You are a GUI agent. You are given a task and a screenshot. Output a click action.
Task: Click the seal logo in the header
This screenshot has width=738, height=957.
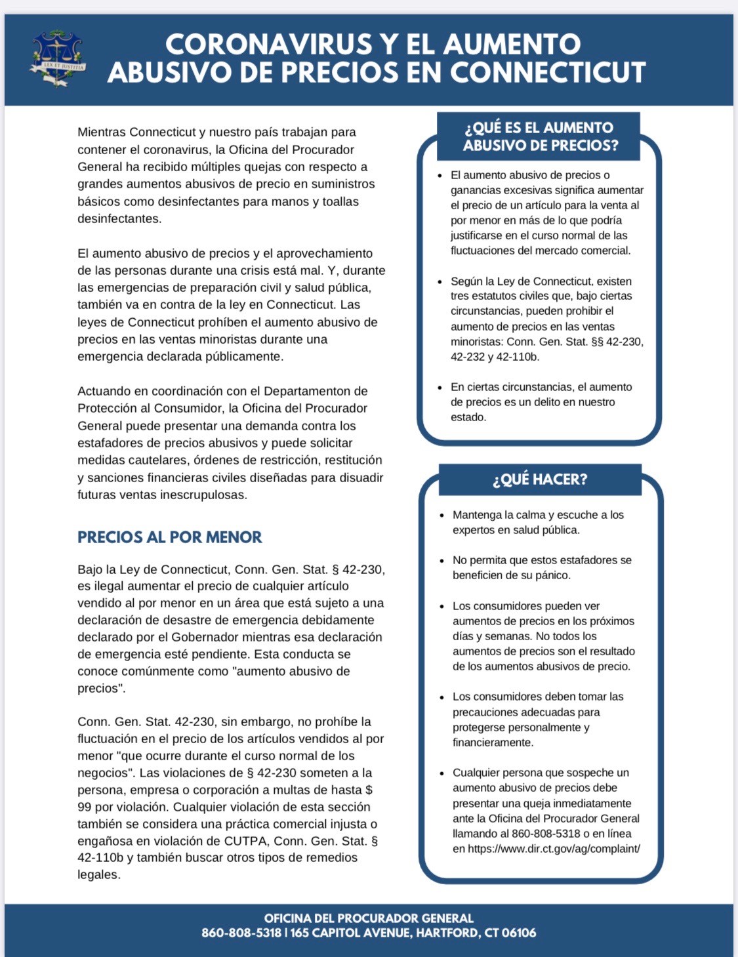(x=57, y=58)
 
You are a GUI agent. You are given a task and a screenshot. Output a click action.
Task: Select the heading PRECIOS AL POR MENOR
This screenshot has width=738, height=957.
(x=169, y=537)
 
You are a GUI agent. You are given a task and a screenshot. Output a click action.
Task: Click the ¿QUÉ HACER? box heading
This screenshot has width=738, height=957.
(x=540, y=479)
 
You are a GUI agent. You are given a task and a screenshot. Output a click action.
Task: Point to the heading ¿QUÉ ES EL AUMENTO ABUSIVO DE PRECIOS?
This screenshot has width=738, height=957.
(x=539, y=136)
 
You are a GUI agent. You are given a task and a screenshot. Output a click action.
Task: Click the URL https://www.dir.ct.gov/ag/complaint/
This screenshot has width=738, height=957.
(x=554, y=849)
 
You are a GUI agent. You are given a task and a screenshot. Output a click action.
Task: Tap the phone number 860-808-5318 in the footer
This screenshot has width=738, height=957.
(x=241, y=933)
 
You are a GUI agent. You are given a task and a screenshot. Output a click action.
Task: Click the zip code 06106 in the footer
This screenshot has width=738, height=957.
(x=518, y=933)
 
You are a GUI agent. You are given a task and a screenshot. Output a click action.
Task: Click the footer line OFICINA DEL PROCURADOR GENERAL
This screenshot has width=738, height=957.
(x=369, y=918)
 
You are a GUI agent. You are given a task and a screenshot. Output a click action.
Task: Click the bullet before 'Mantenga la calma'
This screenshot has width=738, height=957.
(x=442, y=516)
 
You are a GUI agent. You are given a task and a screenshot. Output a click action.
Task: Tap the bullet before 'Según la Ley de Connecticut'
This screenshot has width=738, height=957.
(x=440, y=282)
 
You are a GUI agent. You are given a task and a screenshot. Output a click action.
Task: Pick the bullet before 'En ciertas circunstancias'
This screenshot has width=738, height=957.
(x=440, y=388)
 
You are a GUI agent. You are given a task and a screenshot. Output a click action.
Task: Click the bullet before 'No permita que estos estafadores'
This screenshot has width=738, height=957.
(x=442, y=561)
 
